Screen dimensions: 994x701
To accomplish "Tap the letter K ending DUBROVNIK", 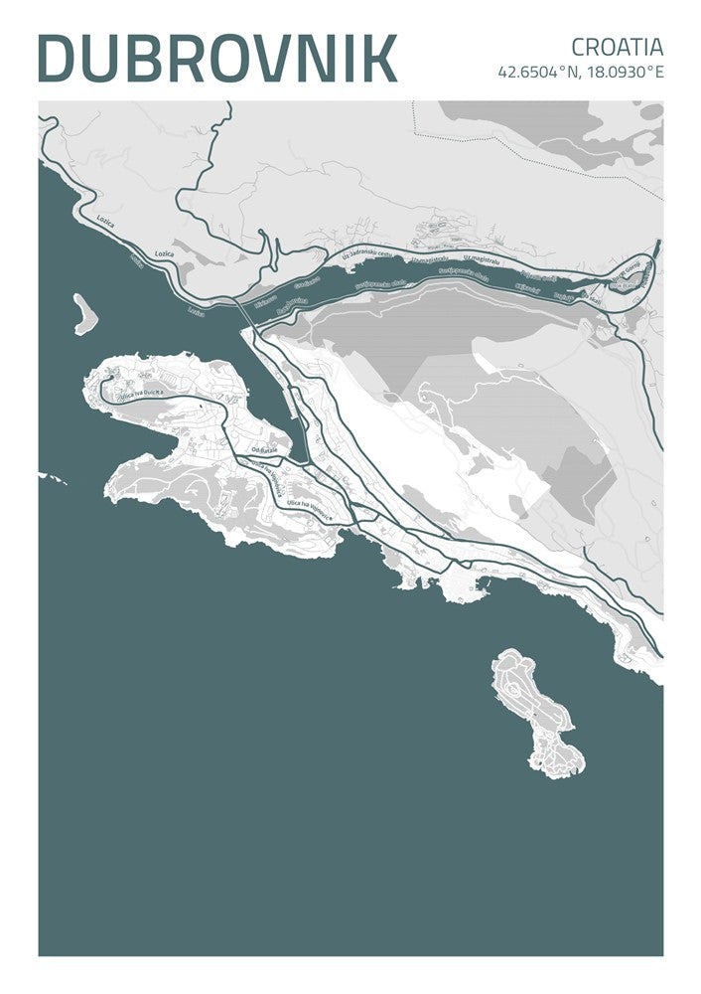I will [378, 57].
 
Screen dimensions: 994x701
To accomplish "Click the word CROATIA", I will [617, 46].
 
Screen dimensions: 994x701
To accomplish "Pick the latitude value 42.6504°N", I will [537, 72].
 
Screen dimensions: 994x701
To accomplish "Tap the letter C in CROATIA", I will [579, 46].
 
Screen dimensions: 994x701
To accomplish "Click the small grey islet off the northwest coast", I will [84, 312].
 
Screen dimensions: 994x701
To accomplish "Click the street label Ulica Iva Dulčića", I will [140, 395].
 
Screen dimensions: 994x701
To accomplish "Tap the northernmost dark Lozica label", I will [104, 223].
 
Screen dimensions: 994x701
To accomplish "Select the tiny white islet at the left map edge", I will [55, 479].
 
